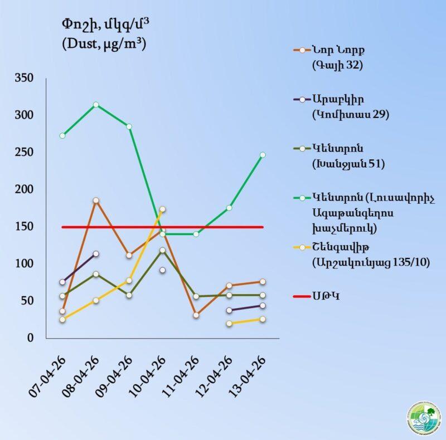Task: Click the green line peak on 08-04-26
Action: pyautogui.click(x=96, y=105)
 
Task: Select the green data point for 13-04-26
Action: pyautogui.click(x=263, y=155)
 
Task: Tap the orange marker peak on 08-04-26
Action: pyautogui.click(x=96, y=201)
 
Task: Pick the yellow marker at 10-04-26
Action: pyautogui.click(x=162, y=209)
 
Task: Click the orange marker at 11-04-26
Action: pyautogui.click(x=196, y=315)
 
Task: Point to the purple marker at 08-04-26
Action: pyautogui.click(x=96, y=254)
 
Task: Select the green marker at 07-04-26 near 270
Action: pyautogui.click(x=62, y=135)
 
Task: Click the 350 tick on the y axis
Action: pyautogui.click(x=25, y=78)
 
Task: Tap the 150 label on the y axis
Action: pyautogui.click(x=25, y=227)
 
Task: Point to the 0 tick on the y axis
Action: pyautogui.click(x=32, y=338)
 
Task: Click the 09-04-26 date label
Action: pyautogui.click(x=116, y=375)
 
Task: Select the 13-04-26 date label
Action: pyautogui.click(x=249, y=375)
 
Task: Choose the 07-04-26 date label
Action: pyautogui.click(x=49, y=375)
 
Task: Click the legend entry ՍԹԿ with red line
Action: pyautogui.click(x=326, y=296)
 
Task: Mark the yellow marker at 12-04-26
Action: pyautogui.click(x=229, y=323)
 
